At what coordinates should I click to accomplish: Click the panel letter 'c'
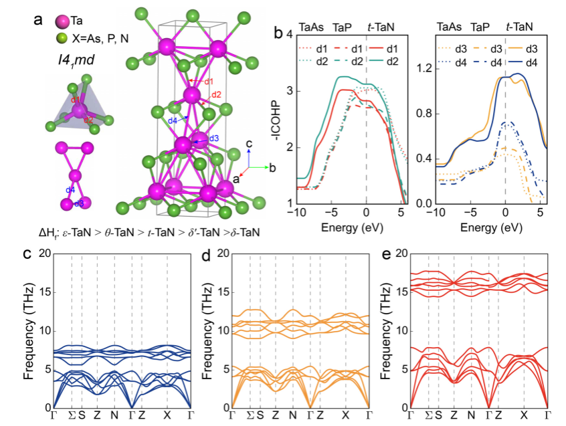pyautogui.click(x=27, y=255)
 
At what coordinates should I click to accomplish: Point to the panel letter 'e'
pyautogui.click(x=388, y=255)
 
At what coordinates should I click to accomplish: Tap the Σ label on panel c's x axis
pyautogui.click(x=72, y=416)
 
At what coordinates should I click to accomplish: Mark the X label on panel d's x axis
pyautogui.click(x=345, y=416)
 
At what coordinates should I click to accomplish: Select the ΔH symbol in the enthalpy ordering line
pyautogui.click(x=44, y=233)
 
